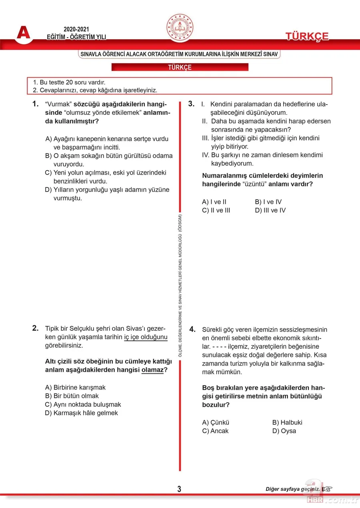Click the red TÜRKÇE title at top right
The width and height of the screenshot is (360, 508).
[x=307, y=36]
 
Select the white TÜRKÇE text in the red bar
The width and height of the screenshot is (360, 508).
[x=180, y=67]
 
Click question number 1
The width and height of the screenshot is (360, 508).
[x=35, y=104]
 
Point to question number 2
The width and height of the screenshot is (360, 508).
[x=35, y=328]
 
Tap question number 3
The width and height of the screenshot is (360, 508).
[x=191, y=104]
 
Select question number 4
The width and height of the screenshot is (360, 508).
[x=192, y=329]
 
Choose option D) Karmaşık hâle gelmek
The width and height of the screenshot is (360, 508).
[x=82, y=413]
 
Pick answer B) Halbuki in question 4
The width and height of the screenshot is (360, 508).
[x=287, y=422]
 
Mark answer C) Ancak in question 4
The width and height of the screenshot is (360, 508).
[x=216, y=431]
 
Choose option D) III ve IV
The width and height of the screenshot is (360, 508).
[x=270, y=210]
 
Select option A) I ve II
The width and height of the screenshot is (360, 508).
[x=214, y=202]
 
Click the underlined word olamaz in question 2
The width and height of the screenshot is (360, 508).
[x=152, y=370]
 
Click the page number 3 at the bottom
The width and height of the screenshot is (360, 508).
[x=179, y=489]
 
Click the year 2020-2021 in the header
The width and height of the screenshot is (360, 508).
[x=76, y=30]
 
